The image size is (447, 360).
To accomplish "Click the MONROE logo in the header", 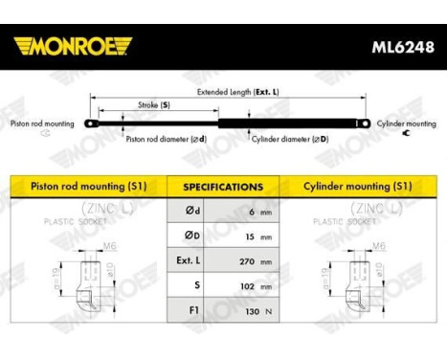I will pos(74,46).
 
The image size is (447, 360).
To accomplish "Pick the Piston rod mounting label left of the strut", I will pos(42,124).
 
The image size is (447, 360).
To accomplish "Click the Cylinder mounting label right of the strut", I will pos(407,124).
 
